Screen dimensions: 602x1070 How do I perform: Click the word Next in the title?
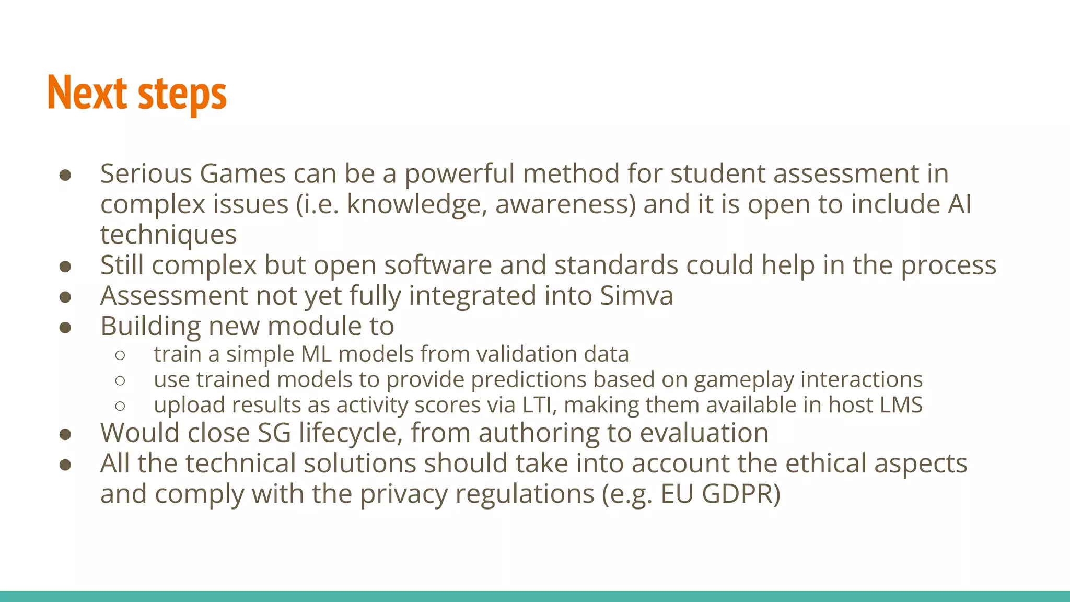(x=87, y=93)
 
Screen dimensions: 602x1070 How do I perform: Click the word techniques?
(x=168, y=235)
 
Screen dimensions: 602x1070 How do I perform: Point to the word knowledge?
(x=417, y=204)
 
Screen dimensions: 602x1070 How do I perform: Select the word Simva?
(x=636, y=296)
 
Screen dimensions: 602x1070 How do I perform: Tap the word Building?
(x=150, y=327)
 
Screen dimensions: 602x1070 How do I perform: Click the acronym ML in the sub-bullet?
(x=316, y=354)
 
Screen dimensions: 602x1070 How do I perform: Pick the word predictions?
(x=528, y=380)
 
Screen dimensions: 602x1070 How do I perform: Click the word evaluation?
(x=704, y=433)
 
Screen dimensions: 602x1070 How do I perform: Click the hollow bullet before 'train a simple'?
(x=120, y=355)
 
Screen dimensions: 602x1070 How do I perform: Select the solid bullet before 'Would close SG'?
(x=65, y=434)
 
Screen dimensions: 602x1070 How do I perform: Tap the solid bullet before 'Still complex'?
(x=65, y=267)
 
